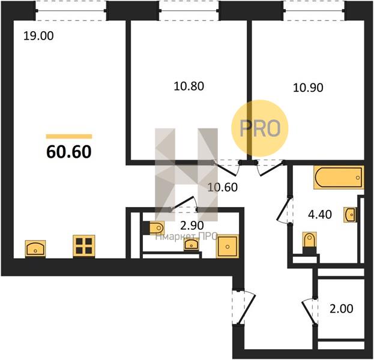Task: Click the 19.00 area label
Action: (38, 36)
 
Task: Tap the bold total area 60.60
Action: (69, 152)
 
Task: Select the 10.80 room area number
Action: (189, 86)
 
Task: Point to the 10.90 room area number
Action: (308, 88)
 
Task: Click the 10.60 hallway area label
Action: (223, 187)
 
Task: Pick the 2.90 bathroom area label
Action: (192, 225)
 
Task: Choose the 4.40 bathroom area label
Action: (320, 215)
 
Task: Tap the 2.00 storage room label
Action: (341, 309)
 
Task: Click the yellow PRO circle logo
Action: (260, 128)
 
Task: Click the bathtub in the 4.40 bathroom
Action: (339, 178)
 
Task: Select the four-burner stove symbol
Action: (84, 246)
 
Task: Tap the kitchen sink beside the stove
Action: (35, 248)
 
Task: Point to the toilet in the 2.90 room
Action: (154, 228)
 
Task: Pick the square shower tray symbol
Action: (228, 247)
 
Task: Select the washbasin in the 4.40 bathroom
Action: (351, 215)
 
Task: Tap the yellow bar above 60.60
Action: (69, 136)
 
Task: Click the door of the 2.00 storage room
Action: (309, 312)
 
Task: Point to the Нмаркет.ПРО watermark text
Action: (186, 236)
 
